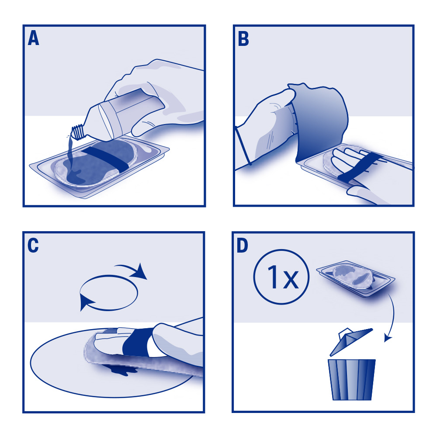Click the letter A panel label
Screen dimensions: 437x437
(x=34, y=38)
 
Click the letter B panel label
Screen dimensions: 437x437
(x=243, y=38)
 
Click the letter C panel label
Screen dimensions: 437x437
(x=33, y=245)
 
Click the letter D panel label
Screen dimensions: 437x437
(x=242, y=246)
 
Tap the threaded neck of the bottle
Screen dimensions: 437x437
(x=79, y=132)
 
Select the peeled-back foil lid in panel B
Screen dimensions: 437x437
(x=320, y=123)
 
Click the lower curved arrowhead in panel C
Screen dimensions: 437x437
(x=87, y=302)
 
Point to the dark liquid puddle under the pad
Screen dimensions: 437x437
(x=120, y=369)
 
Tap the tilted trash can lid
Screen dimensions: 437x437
(x=351, y=342)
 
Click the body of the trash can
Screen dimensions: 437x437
(x=352, y=380)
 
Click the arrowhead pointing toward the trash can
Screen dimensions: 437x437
(x=387, y=338)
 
